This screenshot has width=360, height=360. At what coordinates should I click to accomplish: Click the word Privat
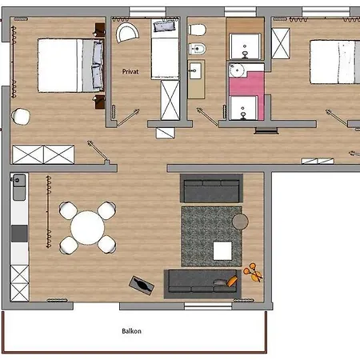point(130,71)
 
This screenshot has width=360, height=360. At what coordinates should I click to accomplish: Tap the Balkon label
point(131,331)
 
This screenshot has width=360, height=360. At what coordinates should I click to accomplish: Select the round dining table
point(87,228)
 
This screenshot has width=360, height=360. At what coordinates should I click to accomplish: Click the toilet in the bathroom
point(198,30)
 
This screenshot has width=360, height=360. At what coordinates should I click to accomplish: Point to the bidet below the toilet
point(198,49)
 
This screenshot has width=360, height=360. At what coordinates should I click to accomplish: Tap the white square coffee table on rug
point(222,250)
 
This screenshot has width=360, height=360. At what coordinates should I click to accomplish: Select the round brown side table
point(240,222)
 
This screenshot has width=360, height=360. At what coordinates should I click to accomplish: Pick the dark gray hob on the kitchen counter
point(19,234)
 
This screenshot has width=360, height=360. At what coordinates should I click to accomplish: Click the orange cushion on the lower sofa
point(232,281)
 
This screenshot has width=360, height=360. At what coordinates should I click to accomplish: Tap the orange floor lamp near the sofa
point(253,273)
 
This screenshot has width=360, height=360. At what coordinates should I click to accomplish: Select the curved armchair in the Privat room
point(127,33)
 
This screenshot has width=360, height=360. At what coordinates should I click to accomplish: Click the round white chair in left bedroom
point(21,117)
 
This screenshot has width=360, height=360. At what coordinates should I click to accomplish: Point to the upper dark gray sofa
point(211,188)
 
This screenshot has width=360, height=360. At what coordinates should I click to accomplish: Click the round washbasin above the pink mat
point(237,71)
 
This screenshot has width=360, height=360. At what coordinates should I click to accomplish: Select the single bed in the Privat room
point(165,49)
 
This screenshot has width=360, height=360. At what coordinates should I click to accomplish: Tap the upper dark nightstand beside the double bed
point(100,30)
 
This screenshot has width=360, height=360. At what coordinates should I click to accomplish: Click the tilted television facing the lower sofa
point(142,286)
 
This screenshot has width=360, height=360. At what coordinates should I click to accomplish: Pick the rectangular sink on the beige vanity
point(195,71)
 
